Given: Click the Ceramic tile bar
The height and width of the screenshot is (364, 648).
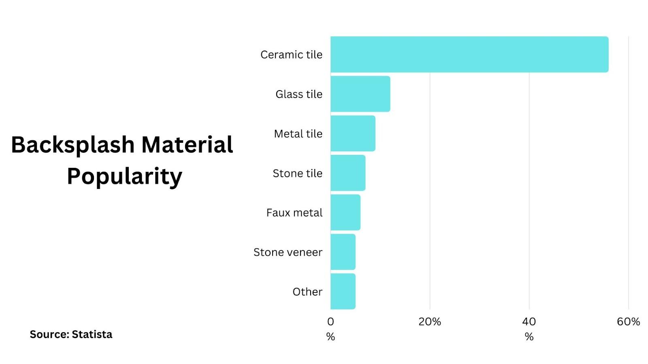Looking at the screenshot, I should (469, 55).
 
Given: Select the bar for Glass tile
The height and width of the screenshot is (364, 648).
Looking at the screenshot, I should (360, 94).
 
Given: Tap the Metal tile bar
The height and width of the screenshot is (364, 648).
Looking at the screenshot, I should (353, 133).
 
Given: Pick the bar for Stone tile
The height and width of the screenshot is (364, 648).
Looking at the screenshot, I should (348, 173).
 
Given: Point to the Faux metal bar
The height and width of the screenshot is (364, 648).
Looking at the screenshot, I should (345, 212).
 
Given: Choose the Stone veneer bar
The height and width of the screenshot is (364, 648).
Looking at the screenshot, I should (343, 252).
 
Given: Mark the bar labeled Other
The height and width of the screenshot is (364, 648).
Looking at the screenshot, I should (343, 291).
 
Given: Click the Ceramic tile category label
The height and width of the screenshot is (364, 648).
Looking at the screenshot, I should (291, 55).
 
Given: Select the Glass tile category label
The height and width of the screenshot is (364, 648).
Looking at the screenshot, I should (299, 94).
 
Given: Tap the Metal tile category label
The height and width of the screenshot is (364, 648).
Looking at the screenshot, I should (298, 133).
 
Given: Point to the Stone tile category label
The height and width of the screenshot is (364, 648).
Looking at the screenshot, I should (297, 173).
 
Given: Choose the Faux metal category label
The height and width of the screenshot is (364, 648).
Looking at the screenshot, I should (294, 213).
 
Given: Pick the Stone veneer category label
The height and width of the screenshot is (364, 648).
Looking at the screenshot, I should (288, 252).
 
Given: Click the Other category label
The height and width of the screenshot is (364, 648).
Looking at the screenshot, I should (307, 292).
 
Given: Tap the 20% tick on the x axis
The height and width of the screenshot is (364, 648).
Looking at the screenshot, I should (430, 322).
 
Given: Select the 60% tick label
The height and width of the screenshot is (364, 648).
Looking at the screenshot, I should (628, 322).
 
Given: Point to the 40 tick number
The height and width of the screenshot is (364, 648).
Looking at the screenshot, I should (529, 322).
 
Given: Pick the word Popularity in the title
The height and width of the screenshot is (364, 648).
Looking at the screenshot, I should (124, 177).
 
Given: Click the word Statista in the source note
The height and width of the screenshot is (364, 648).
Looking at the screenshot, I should (92, 334).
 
